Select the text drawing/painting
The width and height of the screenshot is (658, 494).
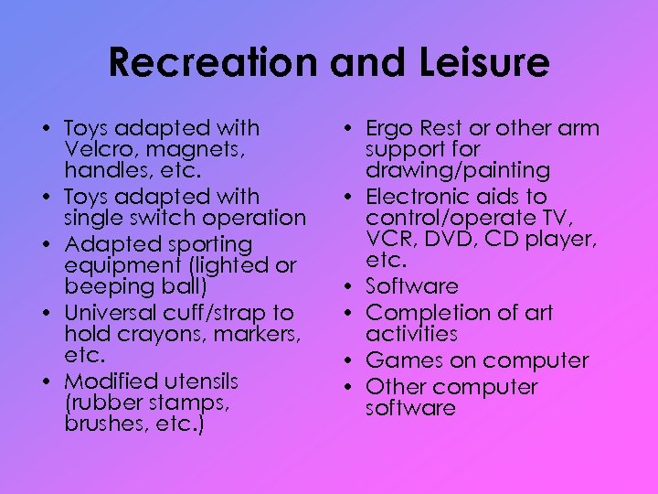click(x=457, y=171)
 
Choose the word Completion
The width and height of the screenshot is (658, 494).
click(x=428, y=313)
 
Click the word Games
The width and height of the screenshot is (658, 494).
click(x=399, y=360)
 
